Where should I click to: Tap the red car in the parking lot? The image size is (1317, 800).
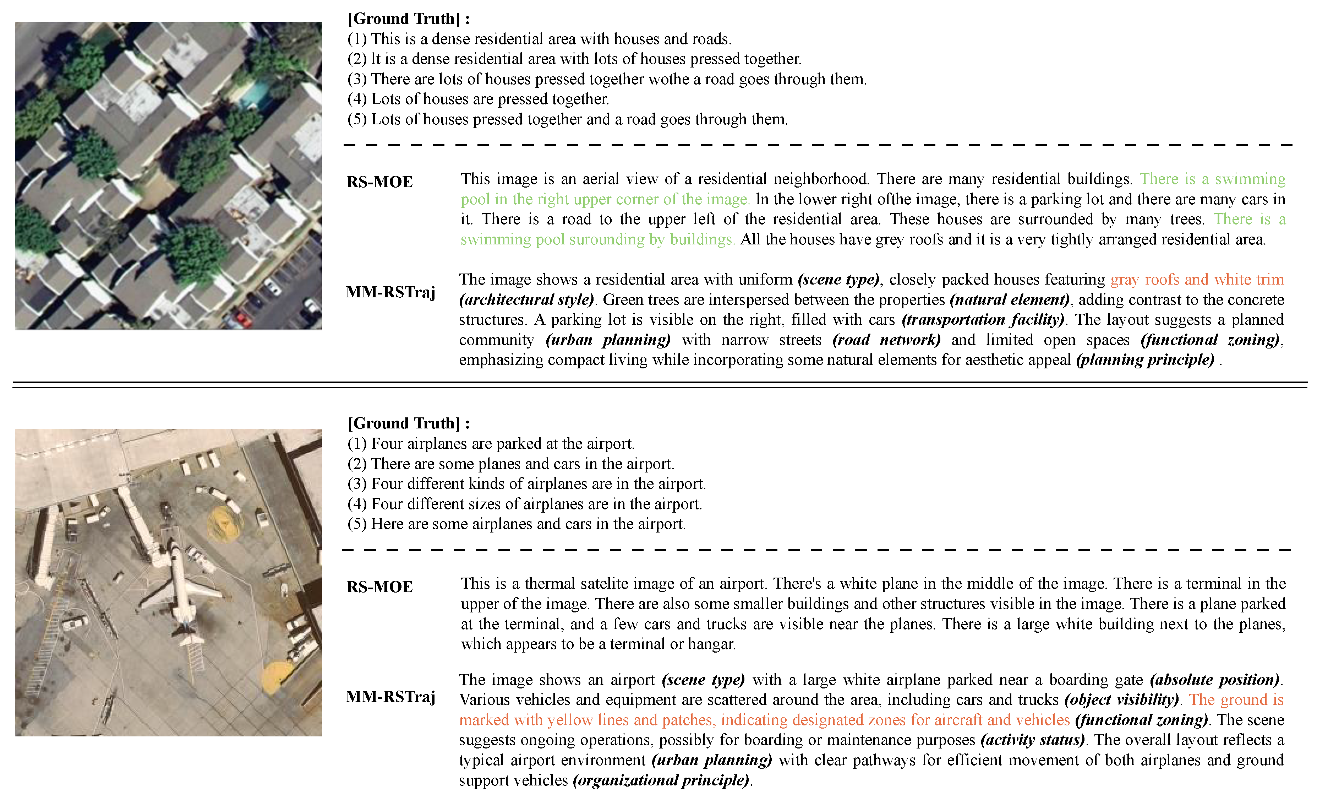243,319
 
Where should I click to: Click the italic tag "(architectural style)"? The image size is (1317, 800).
526,299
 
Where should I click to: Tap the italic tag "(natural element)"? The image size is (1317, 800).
1010,299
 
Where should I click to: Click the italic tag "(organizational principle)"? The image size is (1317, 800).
661,780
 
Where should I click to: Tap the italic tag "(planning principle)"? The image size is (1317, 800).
1145,360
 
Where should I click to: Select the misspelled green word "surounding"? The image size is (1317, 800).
607,239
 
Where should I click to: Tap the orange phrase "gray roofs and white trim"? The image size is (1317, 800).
1197,279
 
